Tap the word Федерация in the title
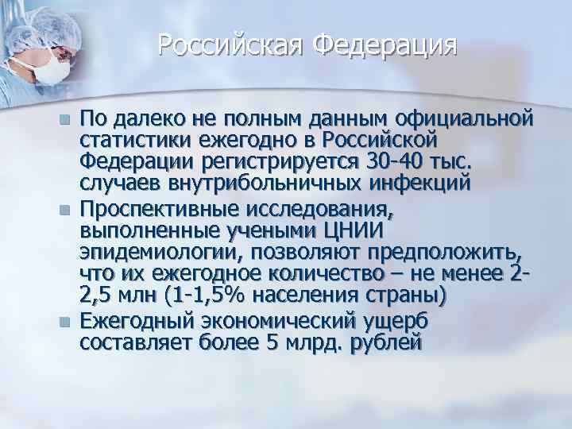tap(385, 45)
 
